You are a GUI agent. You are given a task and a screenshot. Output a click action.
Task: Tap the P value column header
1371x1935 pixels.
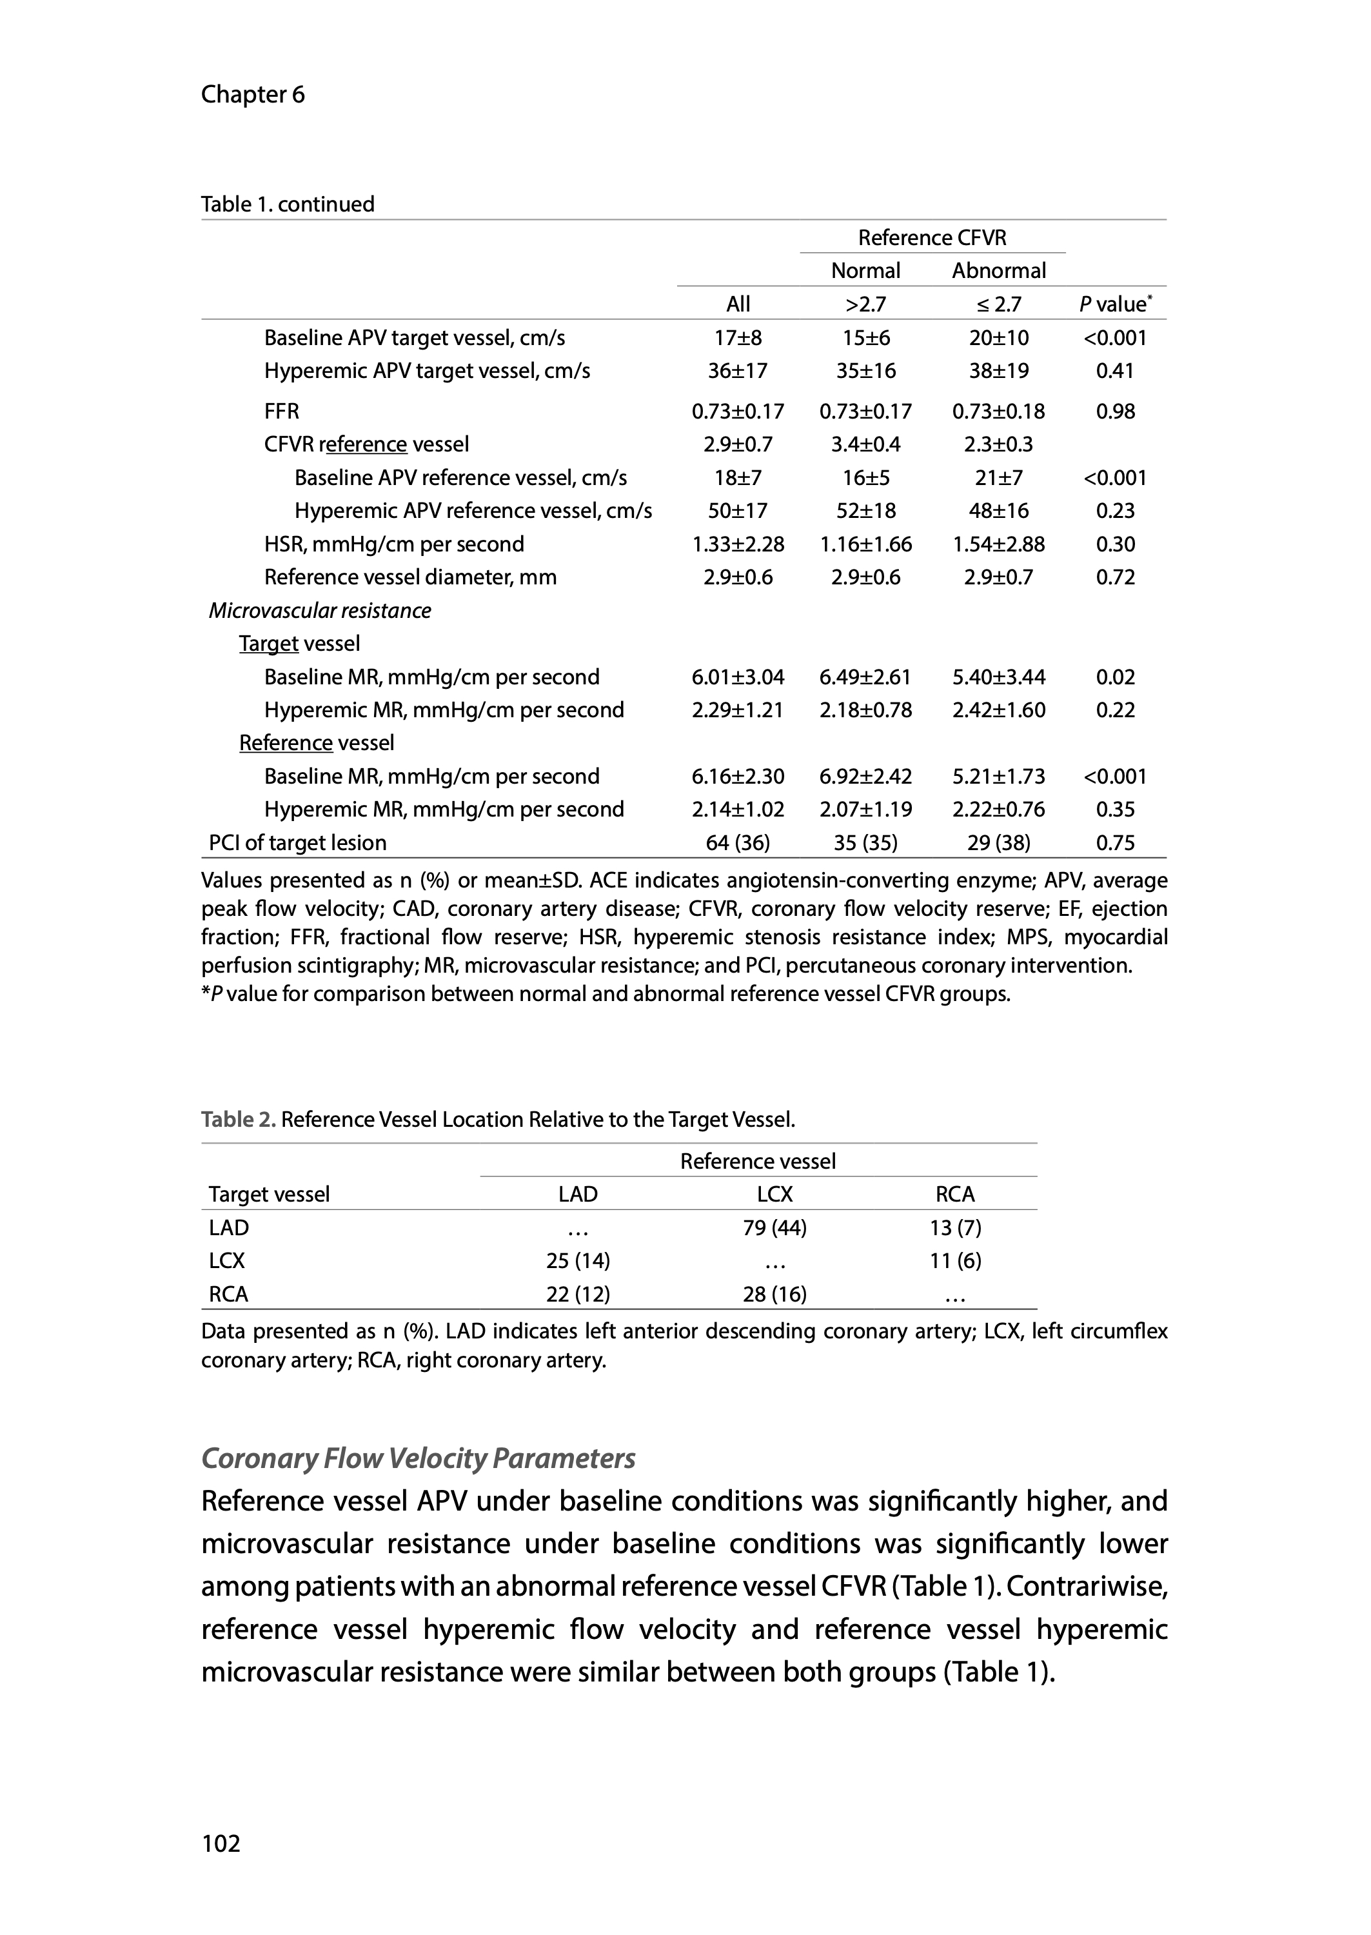(1114, 304)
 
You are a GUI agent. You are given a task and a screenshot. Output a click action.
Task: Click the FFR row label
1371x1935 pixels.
(281, 411)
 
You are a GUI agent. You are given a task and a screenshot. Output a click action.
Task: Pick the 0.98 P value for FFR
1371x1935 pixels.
(1114, 411)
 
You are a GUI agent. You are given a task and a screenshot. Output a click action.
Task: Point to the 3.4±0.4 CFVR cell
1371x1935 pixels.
(865, 444)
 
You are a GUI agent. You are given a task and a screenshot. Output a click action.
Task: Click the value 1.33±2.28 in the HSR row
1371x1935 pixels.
(738, 544)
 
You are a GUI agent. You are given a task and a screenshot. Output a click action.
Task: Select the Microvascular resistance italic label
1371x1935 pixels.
(319, 610)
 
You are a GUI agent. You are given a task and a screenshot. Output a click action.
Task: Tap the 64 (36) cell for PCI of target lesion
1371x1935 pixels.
(738, 842)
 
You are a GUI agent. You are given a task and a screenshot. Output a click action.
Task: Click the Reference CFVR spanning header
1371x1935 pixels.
(932, 237)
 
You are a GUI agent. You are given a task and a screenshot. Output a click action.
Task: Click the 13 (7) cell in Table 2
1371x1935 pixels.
(955, 1227)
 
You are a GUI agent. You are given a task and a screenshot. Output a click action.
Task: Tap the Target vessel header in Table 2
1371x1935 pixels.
(270, 1194)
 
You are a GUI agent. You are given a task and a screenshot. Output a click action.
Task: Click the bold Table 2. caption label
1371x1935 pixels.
(238, 1120)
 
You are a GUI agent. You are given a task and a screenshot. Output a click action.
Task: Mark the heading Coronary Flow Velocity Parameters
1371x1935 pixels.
(418, 1458)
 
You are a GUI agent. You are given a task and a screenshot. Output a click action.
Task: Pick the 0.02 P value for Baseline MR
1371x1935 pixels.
(1114, 677)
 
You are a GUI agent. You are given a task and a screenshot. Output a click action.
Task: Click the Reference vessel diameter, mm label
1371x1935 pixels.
(410, 577)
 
